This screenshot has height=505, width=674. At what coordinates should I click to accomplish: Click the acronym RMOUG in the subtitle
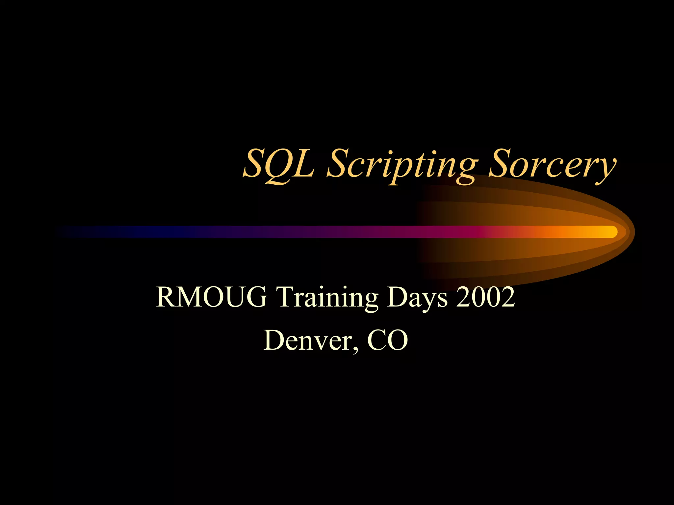tap(211, 297)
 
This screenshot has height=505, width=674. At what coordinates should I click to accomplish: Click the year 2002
tap(485, 297)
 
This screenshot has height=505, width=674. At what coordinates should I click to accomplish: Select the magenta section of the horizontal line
tap(461, 232)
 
